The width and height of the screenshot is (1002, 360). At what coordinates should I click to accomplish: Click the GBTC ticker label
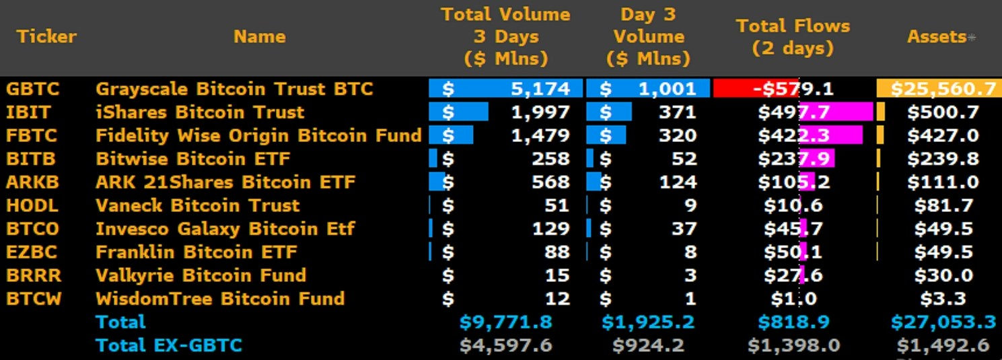pos(32,89)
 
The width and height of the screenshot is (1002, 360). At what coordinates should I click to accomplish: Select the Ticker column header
pos(46,36)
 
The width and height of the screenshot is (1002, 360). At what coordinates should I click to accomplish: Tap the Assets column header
pos(937,37)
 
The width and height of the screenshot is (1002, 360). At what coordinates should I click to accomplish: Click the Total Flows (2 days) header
pos(793,37)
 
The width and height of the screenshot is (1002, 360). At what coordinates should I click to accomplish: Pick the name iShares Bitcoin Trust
pos(200,112)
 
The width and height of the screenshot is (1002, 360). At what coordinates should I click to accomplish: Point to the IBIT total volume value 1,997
pos(540,112)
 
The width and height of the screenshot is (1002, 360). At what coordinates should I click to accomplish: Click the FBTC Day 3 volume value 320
pos(678,135)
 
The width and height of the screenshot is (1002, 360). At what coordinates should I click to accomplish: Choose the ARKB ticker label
pos(32,182)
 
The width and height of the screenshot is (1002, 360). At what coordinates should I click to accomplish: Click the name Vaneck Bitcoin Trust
pos(197,205)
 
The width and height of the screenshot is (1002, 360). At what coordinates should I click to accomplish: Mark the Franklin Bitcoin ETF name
pos(196,252)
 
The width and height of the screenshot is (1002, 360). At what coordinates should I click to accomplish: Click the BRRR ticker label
pos(33,275)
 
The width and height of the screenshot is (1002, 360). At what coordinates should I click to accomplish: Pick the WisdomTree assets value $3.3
pos(947,299)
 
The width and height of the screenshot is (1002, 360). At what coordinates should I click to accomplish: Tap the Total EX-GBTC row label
pos(168,346)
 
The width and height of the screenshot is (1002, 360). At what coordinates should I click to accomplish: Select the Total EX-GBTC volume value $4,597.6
pos(505,346)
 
